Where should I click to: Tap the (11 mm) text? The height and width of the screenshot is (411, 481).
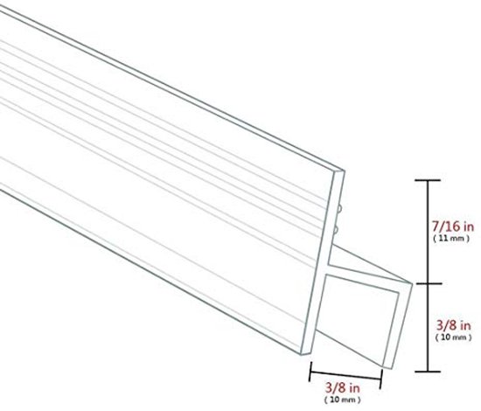(x=451, y=239)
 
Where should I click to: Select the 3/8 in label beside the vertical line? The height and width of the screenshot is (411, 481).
(x=453, y=325)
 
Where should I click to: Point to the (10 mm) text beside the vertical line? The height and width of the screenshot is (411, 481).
(x=453, y=338)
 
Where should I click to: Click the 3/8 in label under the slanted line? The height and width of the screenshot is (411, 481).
(x=342, y=388)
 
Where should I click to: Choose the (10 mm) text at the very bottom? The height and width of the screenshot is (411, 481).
(x=342, y=400)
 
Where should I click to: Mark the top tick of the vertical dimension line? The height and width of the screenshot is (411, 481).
(x=428, y=180)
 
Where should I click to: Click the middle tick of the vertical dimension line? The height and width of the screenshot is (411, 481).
(x=428, y=283)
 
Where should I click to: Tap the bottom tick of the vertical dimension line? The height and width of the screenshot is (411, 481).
(x=428, y=372)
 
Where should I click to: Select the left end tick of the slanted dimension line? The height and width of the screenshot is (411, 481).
(x=310, y=372)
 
